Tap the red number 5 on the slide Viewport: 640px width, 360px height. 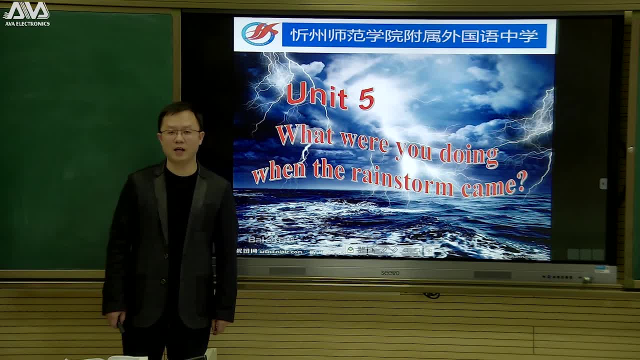pyautogui.click(x=366, y=98)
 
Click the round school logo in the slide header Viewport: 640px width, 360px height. pyautogui.click(x=259, y=34)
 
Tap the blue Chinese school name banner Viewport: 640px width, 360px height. pyautogui.click(x=414, y=35)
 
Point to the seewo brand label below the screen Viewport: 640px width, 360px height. pyautogui.click(x=390, y=273)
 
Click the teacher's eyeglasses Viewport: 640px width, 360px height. pyautogui.click(x=180, y=132)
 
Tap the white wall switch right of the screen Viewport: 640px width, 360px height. pyautogui.click(x=603, y=183)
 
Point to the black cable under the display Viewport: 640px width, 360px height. pyautogui.click(x=431, y=295)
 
